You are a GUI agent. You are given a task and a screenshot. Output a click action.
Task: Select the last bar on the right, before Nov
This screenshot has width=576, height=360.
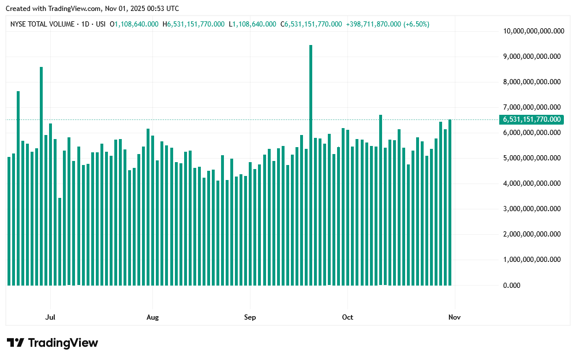pos(450,202)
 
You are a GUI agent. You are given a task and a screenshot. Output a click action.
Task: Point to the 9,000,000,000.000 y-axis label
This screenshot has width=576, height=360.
pos(532,57)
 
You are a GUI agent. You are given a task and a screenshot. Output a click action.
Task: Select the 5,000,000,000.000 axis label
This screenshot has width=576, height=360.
pos(532,158)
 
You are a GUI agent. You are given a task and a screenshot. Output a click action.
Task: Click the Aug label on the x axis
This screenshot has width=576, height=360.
pos(152,317)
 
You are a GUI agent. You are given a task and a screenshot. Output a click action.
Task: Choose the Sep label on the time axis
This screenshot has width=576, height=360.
pos(250,317)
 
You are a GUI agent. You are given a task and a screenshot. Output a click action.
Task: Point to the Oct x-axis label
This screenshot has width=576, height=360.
pos(347,317)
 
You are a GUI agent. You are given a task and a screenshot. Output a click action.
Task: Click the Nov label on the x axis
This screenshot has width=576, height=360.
pos(454,317)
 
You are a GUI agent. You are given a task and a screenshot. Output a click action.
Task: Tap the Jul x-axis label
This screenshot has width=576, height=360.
pos(50,317)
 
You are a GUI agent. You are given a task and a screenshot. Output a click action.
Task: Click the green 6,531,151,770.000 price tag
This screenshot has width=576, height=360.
pos(532,119)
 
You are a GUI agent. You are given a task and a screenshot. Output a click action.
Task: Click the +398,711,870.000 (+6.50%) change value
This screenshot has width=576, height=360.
pos(387,24)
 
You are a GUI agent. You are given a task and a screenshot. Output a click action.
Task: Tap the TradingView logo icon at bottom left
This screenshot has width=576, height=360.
pos(15,343)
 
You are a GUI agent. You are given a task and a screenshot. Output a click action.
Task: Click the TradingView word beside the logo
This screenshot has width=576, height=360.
pos(63,343)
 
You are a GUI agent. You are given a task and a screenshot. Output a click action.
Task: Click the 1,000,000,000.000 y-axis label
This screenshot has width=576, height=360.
pos(532,260)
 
